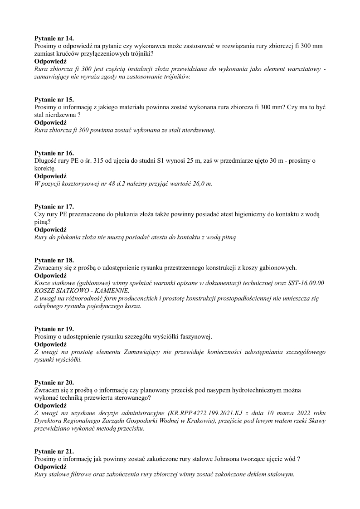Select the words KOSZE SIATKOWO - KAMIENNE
click(82, 291)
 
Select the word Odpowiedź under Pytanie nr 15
click(50, 122)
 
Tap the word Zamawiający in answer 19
click(120, 352)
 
